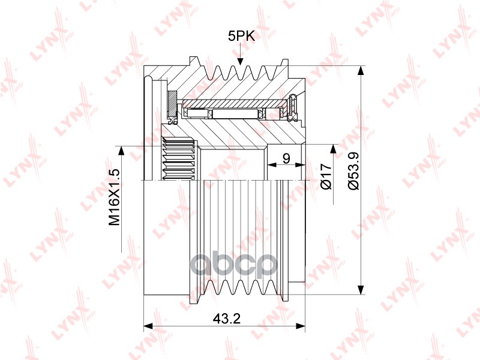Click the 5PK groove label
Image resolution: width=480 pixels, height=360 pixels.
[x=241, y=37]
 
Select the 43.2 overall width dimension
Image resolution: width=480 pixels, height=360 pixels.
[x=227, y=319]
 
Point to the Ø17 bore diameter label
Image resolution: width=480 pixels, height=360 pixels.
[x=326, y=176]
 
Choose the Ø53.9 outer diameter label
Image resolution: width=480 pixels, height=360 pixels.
[x=354, y=171]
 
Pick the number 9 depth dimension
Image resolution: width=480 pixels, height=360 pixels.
[x=287, y=159]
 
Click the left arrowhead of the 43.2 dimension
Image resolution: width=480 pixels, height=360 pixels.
[x=148, y=326]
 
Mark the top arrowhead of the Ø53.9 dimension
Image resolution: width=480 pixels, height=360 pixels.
[x=361, y=71]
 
